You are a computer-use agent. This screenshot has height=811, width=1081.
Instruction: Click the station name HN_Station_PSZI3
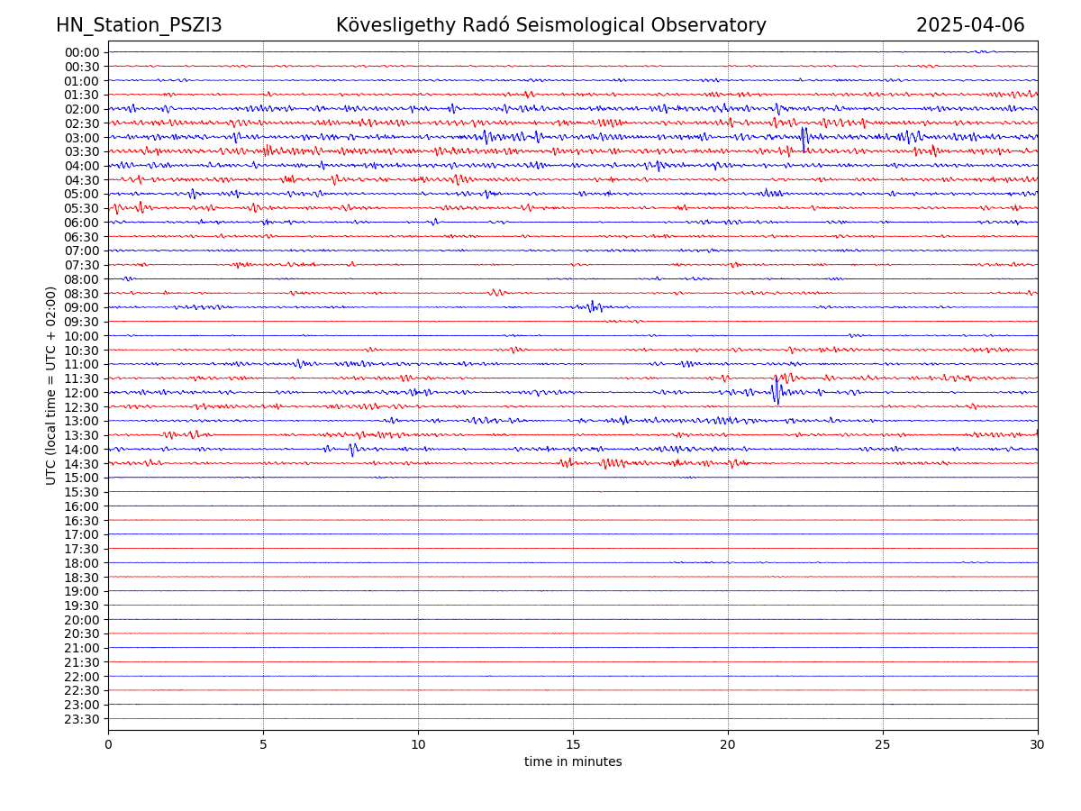139,25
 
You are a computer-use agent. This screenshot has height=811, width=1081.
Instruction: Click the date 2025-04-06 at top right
970,25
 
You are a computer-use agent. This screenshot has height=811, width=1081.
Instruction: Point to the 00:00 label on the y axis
82,52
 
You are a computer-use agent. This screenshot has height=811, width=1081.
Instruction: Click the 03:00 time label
82,138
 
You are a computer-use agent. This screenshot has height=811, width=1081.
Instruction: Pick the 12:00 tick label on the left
82,393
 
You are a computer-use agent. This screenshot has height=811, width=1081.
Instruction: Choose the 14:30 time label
82,464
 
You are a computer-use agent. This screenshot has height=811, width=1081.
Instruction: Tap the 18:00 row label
82,563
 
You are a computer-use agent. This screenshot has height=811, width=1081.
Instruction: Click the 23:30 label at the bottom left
82,719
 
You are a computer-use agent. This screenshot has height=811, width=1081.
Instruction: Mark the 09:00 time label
82,308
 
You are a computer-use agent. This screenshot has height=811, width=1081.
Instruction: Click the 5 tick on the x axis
263,745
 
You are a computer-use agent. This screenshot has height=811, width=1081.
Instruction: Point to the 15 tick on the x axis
573,745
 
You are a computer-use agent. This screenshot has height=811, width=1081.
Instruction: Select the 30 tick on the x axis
1038,745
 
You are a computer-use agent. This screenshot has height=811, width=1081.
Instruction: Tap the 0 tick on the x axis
108,745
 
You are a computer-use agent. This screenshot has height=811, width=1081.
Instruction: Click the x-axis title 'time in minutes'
573,762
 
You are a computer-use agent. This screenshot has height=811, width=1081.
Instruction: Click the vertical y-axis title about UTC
51,386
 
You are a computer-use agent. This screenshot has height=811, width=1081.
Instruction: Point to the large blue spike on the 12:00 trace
777,391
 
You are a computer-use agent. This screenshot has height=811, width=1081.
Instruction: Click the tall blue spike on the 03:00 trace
804,137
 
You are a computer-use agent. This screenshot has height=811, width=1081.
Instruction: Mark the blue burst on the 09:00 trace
593,306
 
